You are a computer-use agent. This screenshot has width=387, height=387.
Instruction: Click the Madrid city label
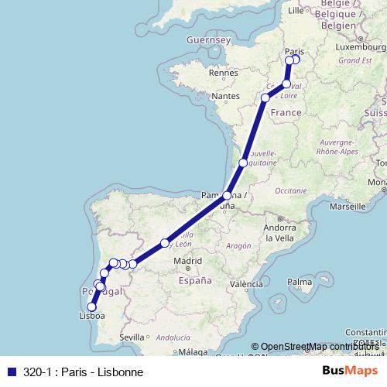coord(188,262)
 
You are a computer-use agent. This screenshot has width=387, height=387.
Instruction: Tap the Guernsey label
coord(210,39)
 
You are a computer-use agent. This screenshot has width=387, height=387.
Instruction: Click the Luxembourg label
coord(359,46)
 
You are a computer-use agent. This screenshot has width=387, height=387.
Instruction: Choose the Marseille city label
coord(347,207)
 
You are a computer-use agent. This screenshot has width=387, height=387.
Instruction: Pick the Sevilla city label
coord(132,337)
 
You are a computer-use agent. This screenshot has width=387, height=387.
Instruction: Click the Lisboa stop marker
coord(92,307)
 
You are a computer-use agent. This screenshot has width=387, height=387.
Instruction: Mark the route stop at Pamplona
coord(228,196)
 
